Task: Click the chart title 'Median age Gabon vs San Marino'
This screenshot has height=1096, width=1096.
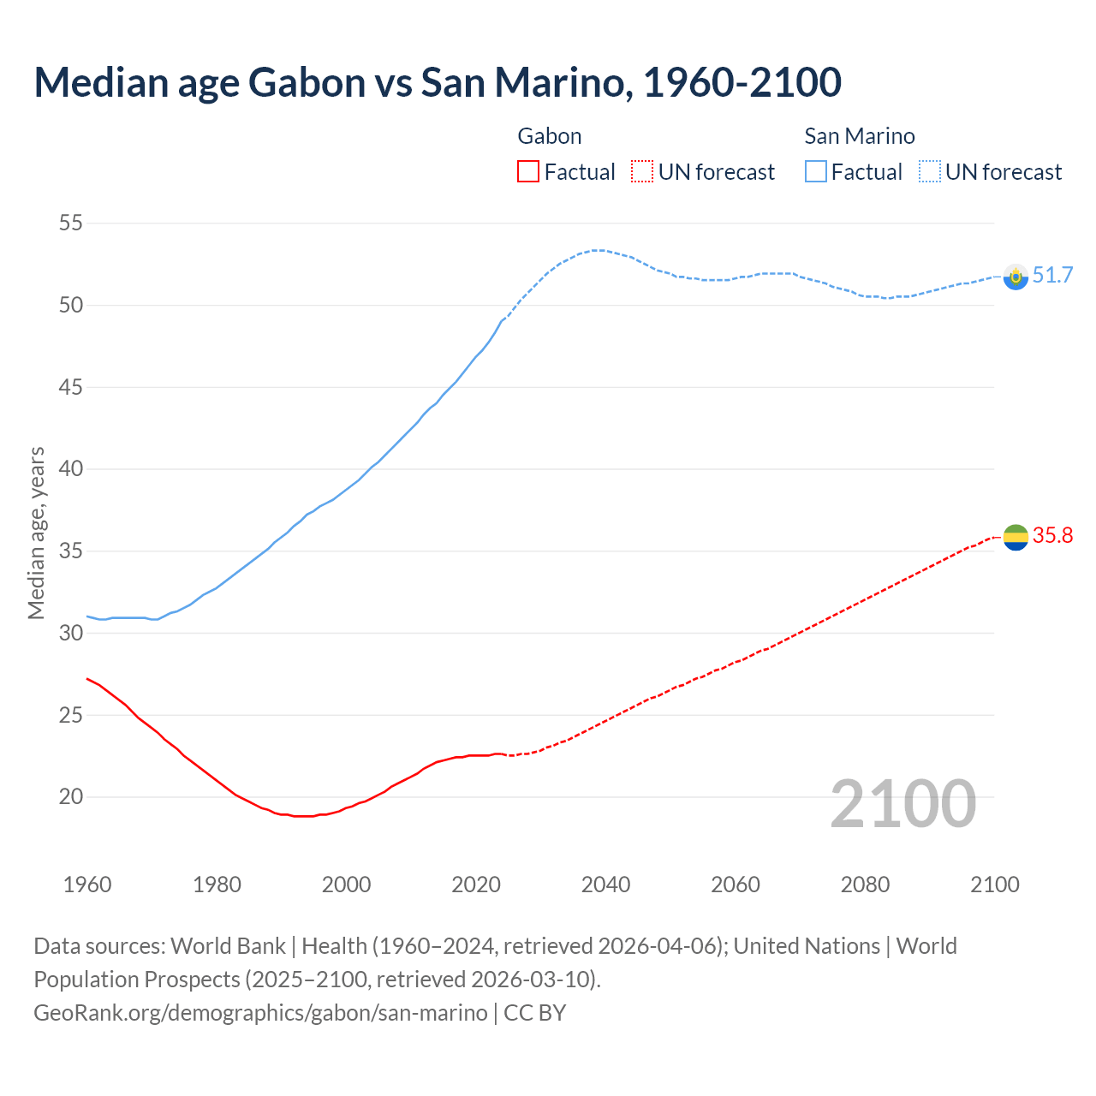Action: pyautogui.click(x=438, y=82)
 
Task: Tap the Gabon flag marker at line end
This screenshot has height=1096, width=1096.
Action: pyautogui.click(x=1016, y=537)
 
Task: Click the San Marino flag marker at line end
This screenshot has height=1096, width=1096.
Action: pyautogui.click(x=1016, y=277)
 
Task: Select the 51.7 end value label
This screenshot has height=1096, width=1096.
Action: pyautogui.click(x=1052, y=275)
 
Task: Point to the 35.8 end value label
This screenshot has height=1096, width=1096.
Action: pyautogui.click(x=1052, y=535)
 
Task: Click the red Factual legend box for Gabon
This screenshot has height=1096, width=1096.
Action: pyautogui.click(x=528, y=172)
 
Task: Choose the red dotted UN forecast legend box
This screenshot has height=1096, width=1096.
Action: pyautogui.click(x=642, y=172)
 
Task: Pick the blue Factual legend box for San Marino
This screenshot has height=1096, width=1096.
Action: pyautogui.click(x=816, y=172)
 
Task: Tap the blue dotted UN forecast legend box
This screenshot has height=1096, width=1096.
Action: pyautogui.click(x=930, y=172)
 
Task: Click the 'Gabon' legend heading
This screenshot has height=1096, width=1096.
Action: pyautogui.click(x=550, y=136)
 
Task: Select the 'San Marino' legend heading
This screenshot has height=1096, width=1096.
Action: pyautogui.click(x=860, y=136)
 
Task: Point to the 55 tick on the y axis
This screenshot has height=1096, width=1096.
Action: pyautogui.click(x=71, y=223)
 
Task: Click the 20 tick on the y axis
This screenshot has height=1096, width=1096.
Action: pyautogui.click(x=71, y=797)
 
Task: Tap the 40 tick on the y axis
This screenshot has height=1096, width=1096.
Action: pyautogui.click(x=71, y=469)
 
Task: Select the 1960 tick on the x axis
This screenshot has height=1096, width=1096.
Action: pyautogui.click(x=87, y=885)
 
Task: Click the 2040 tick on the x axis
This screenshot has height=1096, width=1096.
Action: pyautogui.click(x=606, y=885)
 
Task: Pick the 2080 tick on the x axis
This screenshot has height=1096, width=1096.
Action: pyautogui.click(x=865, y=885)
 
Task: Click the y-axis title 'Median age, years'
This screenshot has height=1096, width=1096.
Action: pyautogui.click(x=36, y=533)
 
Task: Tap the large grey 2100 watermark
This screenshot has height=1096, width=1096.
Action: pyautogui.click(x=903, y=804)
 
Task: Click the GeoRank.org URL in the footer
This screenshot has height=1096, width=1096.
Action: pyautogui.click(x=260, y=1012)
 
